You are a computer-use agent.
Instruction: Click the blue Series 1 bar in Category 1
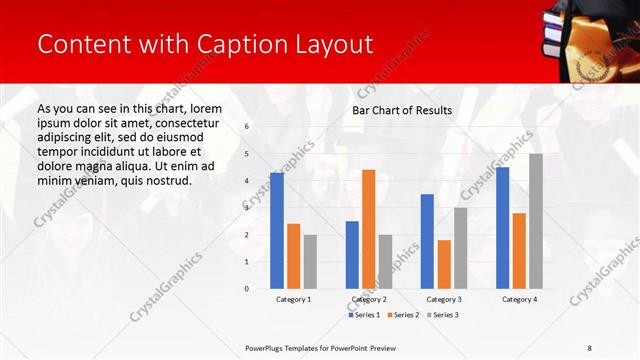tap(277, 231)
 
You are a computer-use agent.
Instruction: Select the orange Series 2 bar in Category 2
tap(368, 229)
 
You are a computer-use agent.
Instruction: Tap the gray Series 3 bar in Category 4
tap(536, 221)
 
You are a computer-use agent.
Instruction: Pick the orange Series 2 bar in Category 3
tap(444, 264)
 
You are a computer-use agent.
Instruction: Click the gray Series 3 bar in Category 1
tap(310, 262)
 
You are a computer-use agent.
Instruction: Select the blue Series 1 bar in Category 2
tap(352, 255)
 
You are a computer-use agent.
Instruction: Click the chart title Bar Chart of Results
tap(402, 110)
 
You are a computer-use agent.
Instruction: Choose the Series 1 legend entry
tap(365, 315)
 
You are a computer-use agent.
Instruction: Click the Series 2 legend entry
tap(404, 315)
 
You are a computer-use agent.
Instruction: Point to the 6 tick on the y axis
tap(247, 127)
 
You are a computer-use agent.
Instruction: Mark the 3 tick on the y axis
tap(247, 208)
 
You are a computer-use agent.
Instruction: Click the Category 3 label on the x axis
tap(443, 299)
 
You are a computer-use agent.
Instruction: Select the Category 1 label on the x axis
tap(293, 299)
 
